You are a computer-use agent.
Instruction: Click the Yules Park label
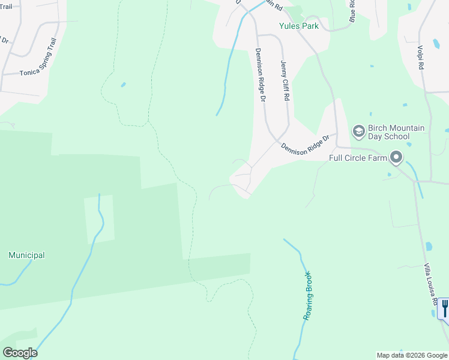point(298,26)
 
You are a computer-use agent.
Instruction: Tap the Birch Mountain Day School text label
point(388,132)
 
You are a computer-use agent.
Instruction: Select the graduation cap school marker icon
point(358,131)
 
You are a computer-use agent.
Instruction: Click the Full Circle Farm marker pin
point(396,158)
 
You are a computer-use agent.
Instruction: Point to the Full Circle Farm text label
point(358,158)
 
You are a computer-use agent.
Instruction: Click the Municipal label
point(26,255)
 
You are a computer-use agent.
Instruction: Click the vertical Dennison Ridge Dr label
point(261,74)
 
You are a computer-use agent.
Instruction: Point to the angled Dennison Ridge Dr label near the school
point(306,145)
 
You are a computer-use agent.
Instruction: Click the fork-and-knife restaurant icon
point(444,308)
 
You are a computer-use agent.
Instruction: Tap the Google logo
point(20,353)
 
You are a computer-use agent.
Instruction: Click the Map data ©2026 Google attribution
point(412,355)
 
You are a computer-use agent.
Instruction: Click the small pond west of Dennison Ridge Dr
point(123,85)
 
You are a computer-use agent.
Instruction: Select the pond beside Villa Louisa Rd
point(429,246)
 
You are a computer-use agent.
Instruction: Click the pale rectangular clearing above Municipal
point(98,219)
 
